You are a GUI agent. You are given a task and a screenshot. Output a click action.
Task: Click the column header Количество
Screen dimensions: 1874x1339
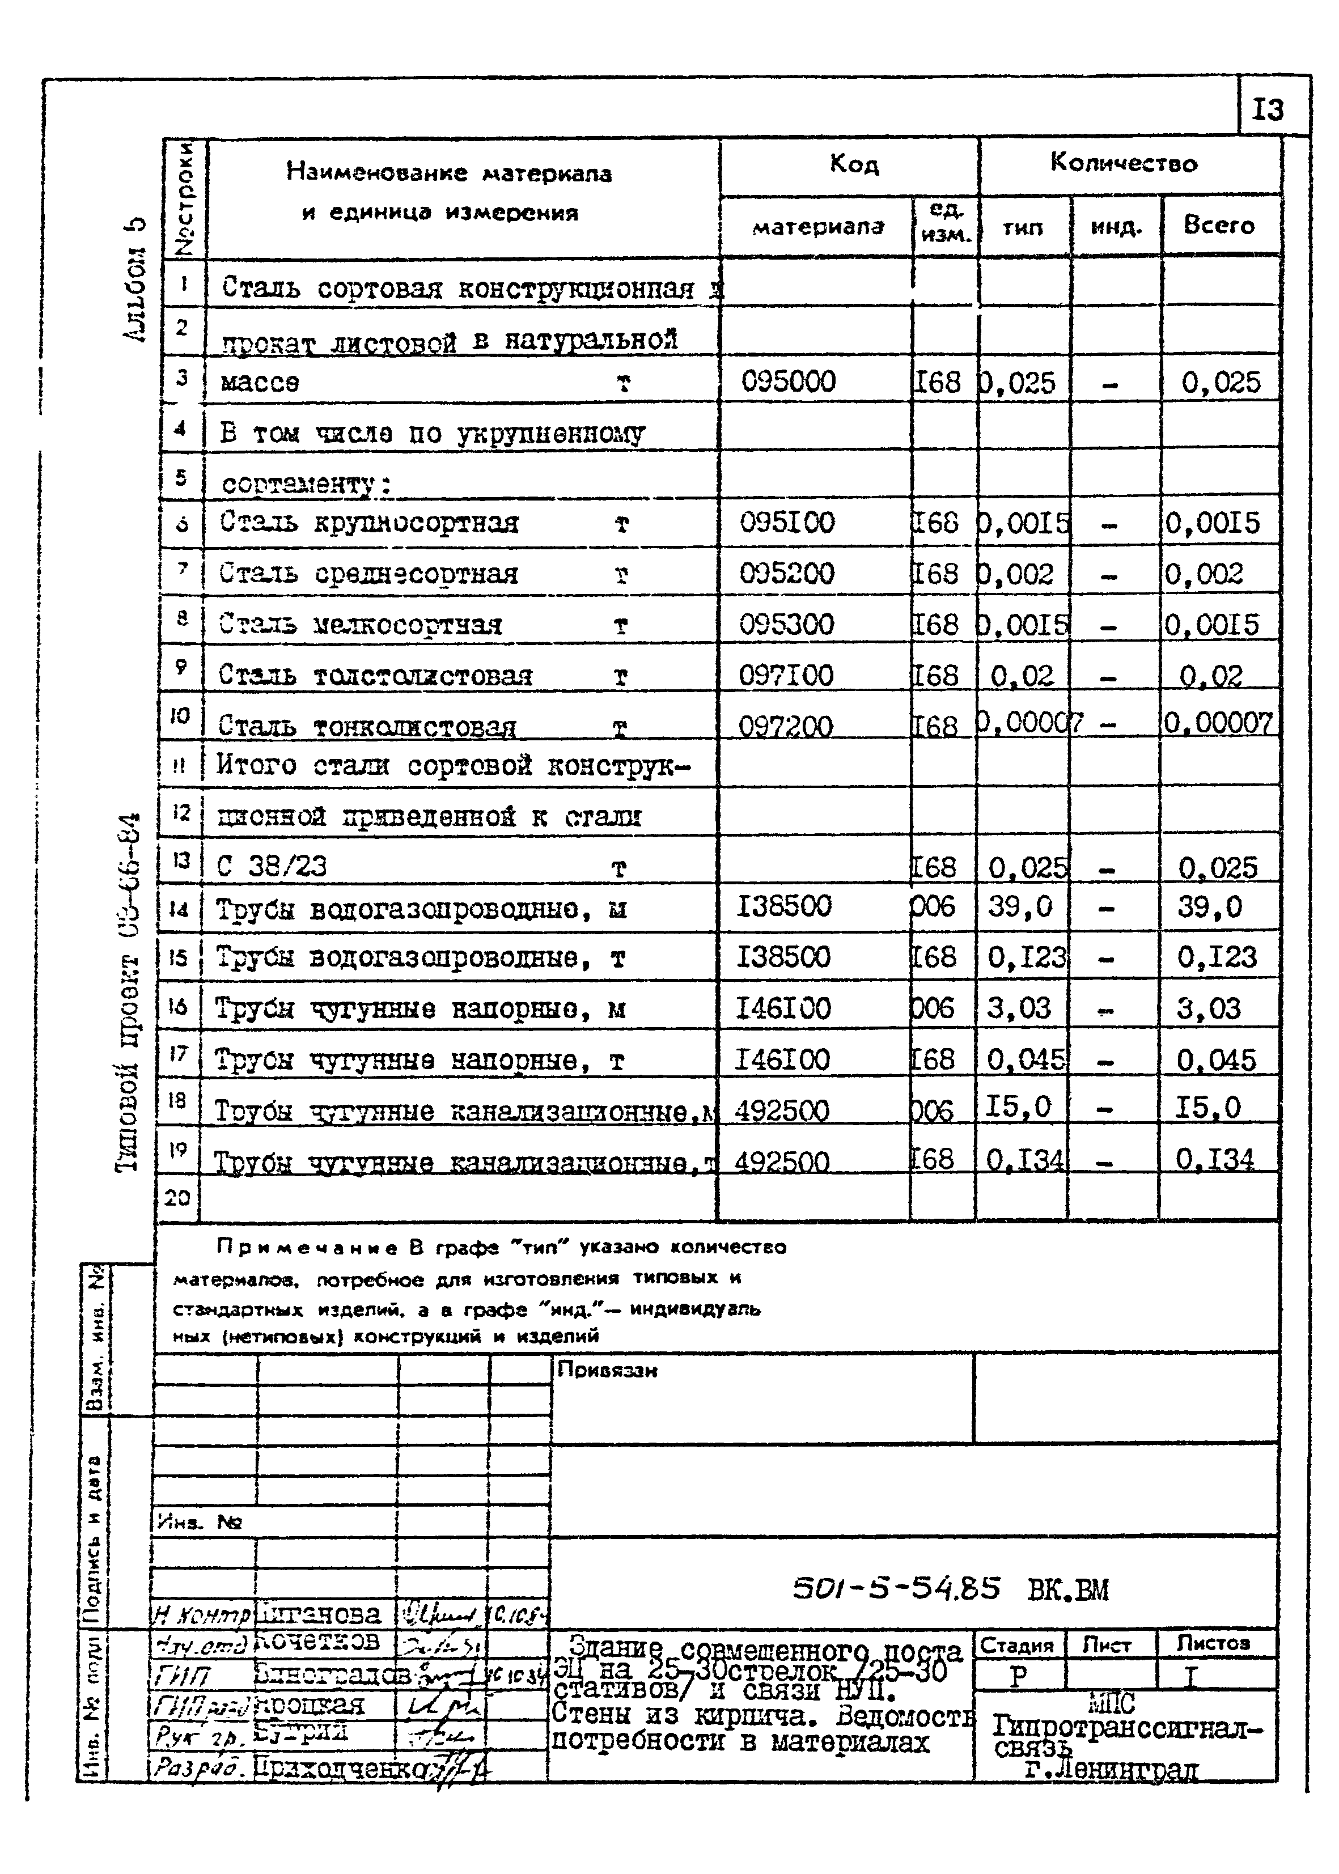click(x=1123, y=163)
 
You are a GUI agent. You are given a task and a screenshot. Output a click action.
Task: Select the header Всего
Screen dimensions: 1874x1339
click(x=1219, y=225)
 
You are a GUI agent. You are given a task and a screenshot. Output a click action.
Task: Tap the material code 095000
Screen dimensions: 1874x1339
click(x=788, y=381)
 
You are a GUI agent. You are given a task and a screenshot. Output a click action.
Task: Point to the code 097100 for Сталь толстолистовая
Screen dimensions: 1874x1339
click(x=787, y=675)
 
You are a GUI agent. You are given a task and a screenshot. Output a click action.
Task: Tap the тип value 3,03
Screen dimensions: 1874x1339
click(x=1020, y=1007)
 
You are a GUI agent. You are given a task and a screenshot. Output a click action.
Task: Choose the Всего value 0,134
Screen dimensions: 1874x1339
click(x=1214, y=1159)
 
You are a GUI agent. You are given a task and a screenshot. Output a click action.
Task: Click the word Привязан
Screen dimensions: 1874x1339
click(x=608, y=1370)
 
